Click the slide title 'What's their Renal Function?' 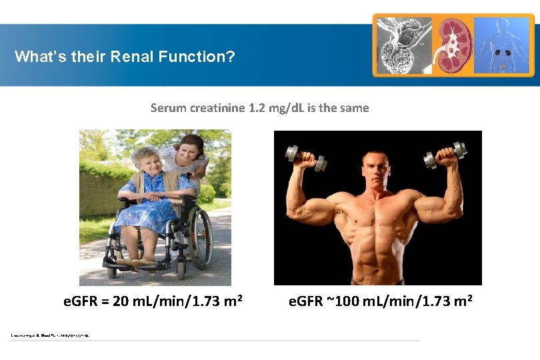point(125,57)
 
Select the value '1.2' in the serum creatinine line point(256,108)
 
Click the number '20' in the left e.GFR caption point(121,301)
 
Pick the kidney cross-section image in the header point(453,45)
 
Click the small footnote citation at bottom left point(50,335)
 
